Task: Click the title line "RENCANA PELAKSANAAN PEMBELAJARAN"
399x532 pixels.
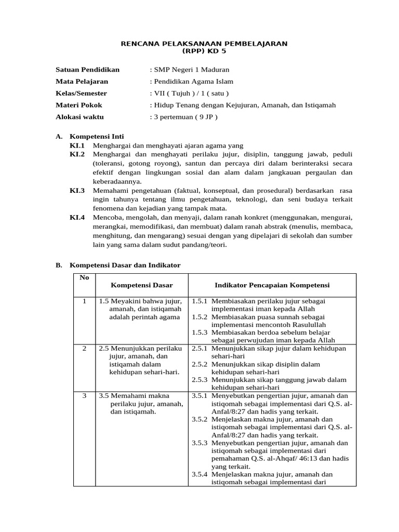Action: [204, 44]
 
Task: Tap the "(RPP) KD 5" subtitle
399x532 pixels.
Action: [204, 51]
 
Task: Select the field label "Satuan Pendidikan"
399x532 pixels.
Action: [87, 69]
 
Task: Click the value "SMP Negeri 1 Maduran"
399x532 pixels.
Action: [189, 69]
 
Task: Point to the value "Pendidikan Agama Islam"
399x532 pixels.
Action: [191, 81]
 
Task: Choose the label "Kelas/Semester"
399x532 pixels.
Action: [81, 93]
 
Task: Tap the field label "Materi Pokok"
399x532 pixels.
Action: [78, 105]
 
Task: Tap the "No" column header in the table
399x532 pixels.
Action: [84, 277]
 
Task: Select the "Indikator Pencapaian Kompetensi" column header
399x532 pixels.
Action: [272, 285]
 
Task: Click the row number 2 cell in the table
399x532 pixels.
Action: [84, 348]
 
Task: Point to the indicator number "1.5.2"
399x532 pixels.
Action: [199, 316]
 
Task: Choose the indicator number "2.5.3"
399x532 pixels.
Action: [199, 380]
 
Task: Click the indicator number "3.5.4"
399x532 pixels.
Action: [199, 474]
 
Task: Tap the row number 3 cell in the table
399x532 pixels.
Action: [84, 396]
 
